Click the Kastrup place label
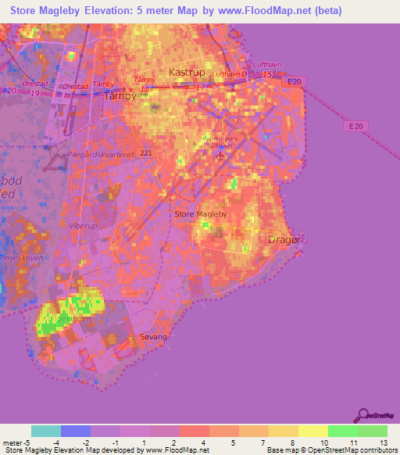pyautogui.click(x=187, y=73)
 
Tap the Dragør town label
pyautogui.click(x=284, y=240)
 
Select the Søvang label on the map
pyautogui.click(x=153, y=337)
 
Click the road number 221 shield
pyautogui.click(x=146, y=152)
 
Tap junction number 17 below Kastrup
pyautogui.click(x=200, y=87)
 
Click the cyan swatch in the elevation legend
pyautogui.click(x=46, y=431)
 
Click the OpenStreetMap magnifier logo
pyautogui.click(x=362, y=416)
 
